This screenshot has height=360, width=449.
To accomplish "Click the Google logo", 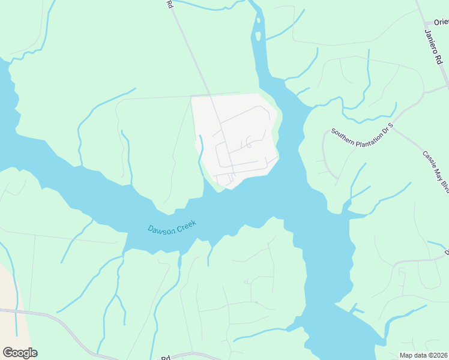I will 20,353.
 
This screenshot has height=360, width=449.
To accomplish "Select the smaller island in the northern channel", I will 258,37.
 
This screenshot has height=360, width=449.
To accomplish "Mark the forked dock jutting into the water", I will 357,310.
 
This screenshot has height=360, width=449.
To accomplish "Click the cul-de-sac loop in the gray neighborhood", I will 248,143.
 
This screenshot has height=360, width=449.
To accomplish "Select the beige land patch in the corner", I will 11,300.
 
